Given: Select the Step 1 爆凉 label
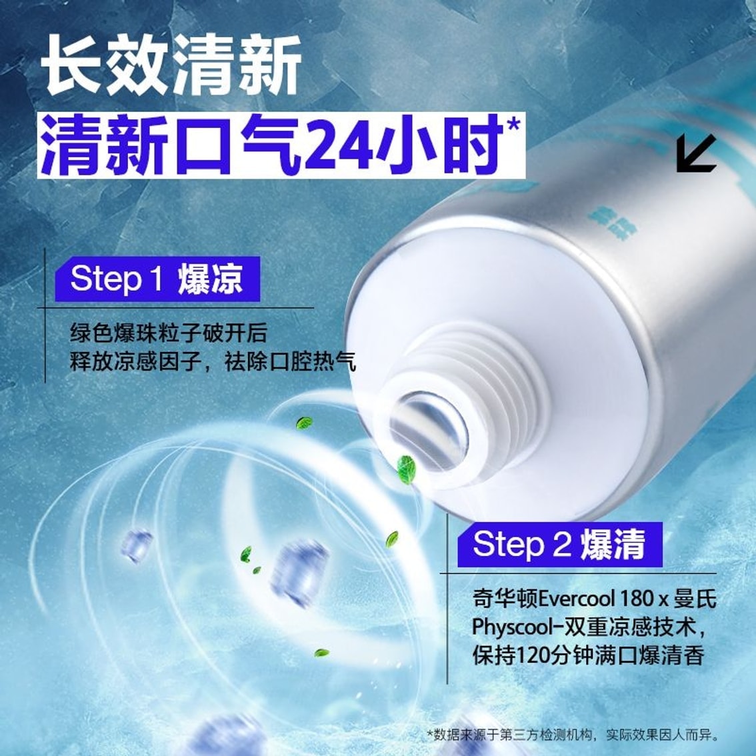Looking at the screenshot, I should click(157, 279).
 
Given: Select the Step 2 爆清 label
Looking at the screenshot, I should click(559, 544).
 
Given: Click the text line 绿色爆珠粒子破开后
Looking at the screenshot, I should click(168, 333).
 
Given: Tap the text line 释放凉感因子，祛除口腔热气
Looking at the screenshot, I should click(213, 362).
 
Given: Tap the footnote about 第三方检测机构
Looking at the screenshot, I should click(573, 735).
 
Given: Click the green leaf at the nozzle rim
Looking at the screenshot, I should click(407, 469).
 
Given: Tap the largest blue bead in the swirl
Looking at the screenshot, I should click(299, 573).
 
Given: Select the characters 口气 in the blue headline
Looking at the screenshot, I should click(229, 145).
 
